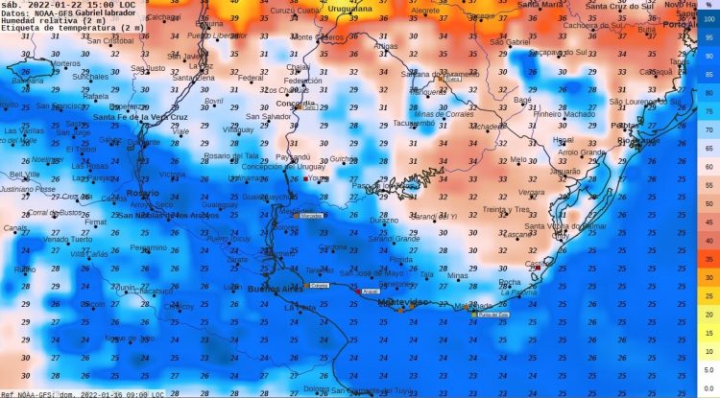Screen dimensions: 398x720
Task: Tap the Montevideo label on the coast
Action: [x=403, y=302]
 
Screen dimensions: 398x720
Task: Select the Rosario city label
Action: [x=142, y=193]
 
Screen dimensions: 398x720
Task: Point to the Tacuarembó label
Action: [x=415, y=123]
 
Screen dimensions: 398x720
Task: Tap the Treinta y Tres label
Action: [x=507, y=209]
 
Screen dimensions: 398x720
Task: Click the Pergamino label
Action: [x=148, y=246]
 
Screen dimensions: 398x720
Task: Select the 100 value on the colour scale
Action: [x=708, y=18]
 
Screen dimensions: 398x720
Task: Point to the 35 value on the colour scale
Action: [x=708, y=259]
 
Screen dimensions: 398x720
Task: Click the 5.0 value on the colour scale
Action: [x=708, y=352]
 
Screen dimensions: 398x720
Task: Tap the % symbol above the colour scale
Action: [x=708, y=6]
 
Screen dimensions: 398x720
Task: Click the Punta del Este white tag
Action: [x=492, y=314]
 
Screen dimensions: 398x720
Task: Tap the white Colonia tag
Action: [x=319, y=286]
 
